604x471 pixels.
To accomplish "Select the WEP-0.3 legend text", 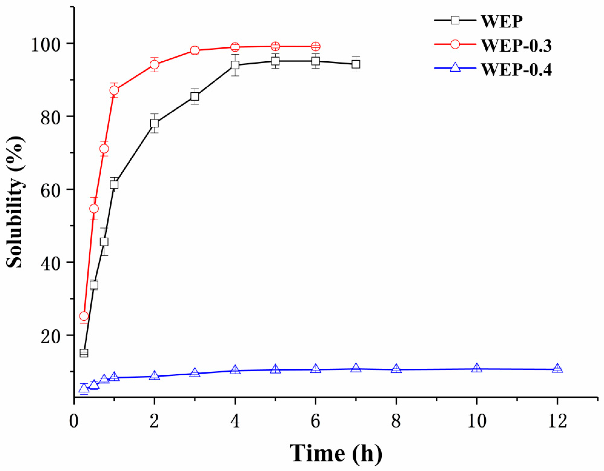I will click(516, 45).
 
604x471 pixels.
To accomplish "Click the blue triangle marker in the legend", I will click(455, 68).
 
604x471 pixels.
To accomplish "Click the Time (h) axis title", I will click(336, 454).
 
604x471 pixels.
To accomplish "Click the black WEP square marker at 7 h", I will click(356, 64).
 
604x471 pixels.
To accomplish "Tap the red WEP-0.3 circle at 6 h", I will click(316, 46).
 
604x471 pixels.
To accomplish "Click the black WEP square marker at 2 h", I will click(155, 123).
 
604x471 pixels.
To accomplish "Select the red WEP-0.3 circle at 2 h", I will click(155, 64).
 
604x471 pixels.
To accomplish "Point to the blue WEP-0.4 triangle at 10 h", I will click(476, 368).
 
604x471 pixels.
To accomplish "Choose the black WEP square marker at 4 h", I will click(235, 65).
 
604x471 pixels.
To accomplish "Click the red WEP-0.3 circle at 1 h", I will click(114, 90).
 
